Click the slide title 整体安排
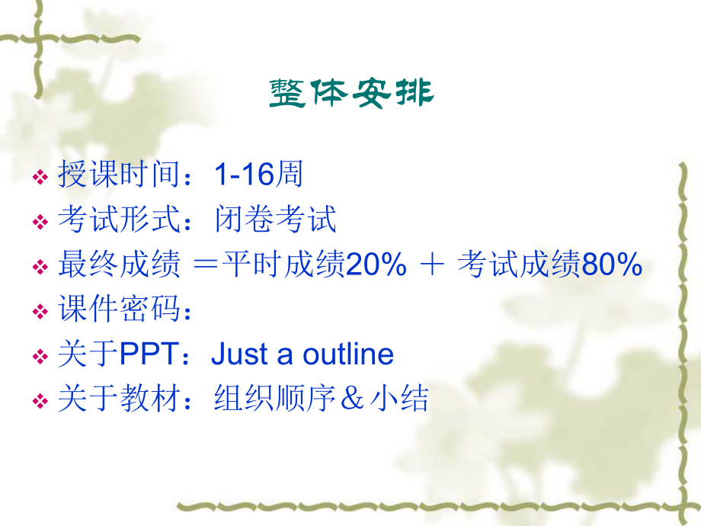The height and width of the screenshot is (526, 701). coord(351,93)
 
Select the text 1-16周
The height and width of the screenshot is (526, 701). coord(258,175)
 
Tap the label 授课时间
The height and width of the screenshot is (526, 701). coord(119,175)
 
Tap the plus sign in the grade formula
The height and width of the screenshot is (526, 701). coord(432,265)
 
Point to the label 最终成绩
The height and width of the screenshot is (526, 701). coord(119,265)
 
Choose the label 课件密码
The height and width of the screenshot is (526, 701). coord(119,310)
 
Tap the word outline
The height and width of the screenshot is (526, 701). coord(348,354)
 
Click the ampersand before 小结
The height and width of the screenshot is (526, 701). coord(354,399)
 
